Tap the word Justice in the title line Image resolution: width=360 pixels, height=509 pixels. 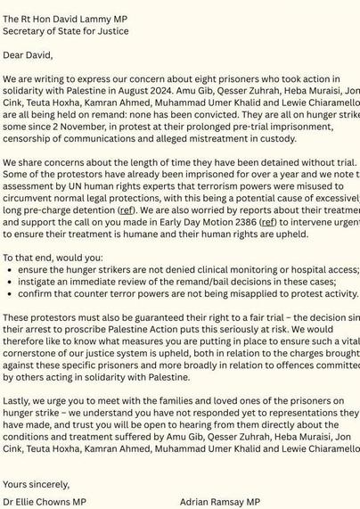pyautogui.click(x=110, y=30)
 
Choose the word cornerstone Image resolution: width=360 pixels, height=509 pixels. pyautogui.click(x=37, y=353)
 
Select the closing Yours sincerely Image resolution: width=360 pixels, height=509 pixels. pyautogui.click(x=36, y=484)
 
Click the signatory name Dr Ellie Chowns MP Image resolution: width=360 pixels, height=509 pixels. pyautogui.click(x=45, y=502)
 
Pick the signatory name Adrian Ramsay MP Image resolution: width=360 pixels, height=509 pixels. pyautogui.click(x=219, y=502)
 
